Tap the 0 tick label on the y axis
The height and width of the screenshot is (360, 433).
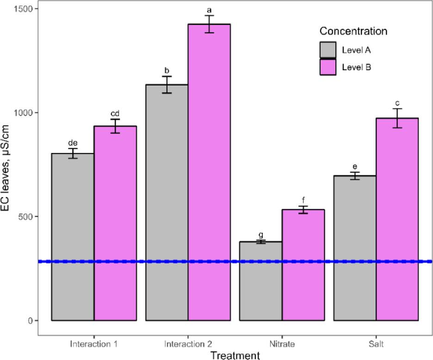pos(31,321)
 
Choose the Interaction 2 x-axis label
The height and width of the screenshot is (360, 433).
pos(188,344)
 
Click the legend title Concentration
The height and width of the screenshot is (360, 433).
pos(353,32)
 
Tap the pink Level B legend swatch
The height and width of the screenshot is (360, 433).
pos(328,67)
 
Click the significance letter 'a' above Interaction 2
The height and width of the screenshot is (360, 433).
pos(209,9)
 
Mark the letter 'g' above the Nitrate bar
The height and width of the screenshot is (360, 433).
pos(261,235)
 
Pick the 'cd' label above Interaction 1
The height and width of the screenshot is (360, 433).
pos(115,114)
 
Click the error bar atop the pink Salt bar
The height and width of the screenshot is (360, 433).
pos(397,118)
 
